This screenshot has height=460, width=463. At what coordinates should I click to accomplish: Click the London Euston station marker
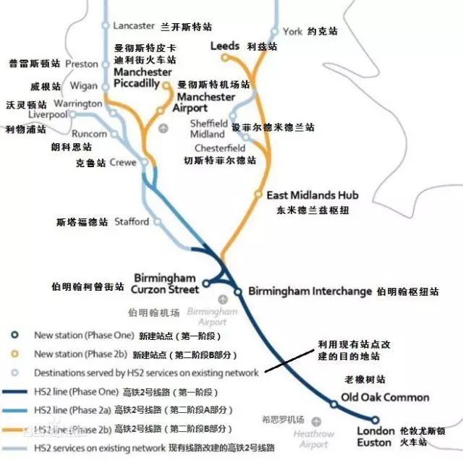[375, 419]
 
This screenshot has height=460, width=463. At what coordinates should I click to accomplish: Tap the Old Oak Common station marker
[334, 404]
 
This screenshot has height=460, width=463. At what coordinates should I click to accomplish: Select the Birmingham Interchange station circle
[238, 291]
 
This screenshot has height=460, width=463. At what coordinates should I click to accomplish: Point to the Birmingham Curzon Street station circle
[205, 284]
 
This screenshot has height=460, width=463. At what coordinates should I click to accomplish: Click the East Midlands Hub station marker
[258, 195]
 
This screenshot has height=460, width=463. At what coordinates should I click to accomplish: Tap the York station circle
[274, 32]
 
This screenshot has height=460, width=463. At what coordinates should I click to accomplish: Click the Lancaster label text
[134, 25]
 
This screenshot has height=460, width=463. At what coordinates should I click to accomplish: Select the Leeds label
[224, 46]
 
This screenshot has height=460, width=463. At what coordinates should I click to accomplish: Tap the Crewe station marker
[144, 163]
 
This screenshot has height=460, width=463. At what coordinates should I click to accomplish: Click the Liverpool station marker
[72, 115]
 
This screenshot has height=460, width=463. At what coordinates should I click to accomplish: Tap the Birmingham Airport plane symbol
[223, 298]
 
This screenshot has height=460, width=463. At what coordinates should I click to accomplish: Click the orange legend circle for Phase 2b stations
[14, 354]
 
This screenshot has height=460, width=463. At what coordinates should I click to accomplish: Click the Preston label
[82, 64]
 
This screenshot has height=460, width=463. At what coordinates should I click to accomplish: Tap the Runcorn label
[90, 134]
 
